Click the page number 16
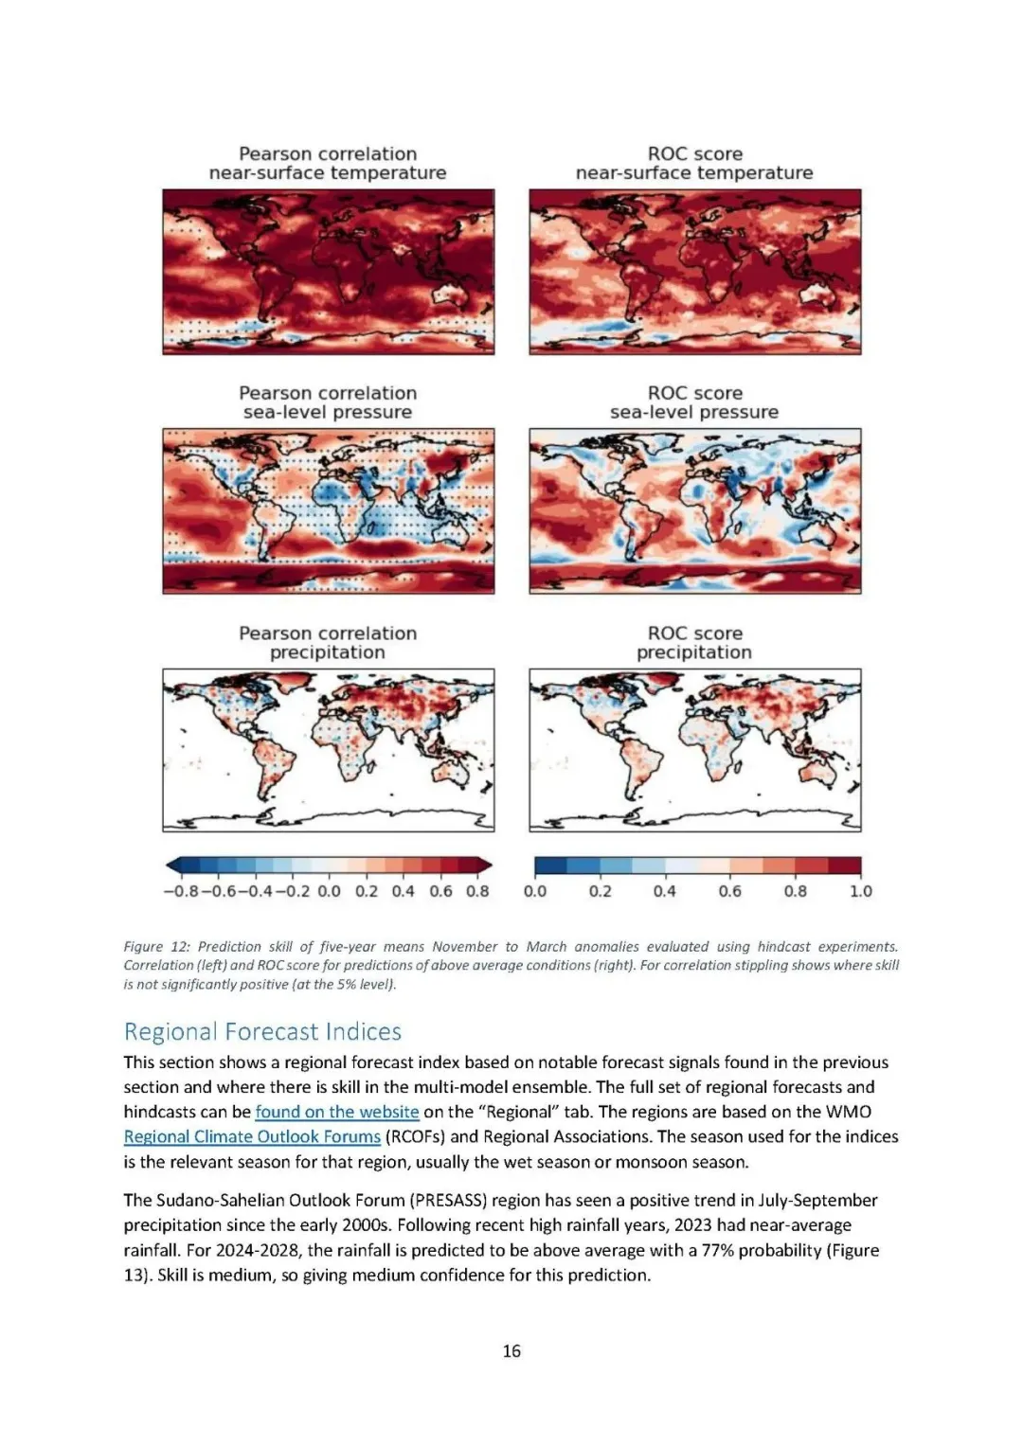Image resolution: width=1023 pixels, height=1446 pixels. click(511, 1351)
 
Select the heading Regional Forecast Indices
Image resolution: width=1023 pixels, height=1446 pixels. click(262, 1031)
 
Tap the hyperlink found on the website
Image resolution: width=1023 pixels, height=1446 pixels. click(336, 1112)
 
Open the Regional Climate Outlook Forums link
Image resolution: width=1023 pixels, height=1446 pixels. click(252, 1136)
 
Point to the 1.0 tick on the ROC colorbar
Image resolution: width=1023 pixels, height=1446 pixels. click(860, 891)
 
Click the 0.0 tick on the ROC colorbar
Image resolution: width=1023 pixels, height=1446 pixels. click(535, 891)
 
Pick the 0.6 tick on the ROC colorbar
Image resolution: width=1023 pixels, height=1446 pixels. click(729, 891)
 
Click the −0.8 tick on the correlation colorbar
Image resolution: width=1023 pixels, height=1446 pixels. click(181, 891)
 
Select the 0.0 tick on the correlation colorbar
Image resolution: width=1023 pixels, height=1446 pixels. click(329, 891)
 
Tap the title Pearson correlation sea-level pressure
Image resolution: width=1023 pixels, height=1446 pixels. click(328, 402)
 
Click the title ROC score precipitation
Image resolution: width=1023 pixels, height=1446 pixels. click(694, 642)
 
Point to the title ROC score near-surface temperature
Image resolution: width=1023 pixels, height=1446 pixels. click(694, 163)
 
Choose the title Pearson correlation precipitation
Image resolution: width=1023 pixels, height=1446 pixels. click(328, 642)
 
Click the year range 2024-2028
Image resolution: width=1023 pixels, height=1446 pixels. click(244, 1250)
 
